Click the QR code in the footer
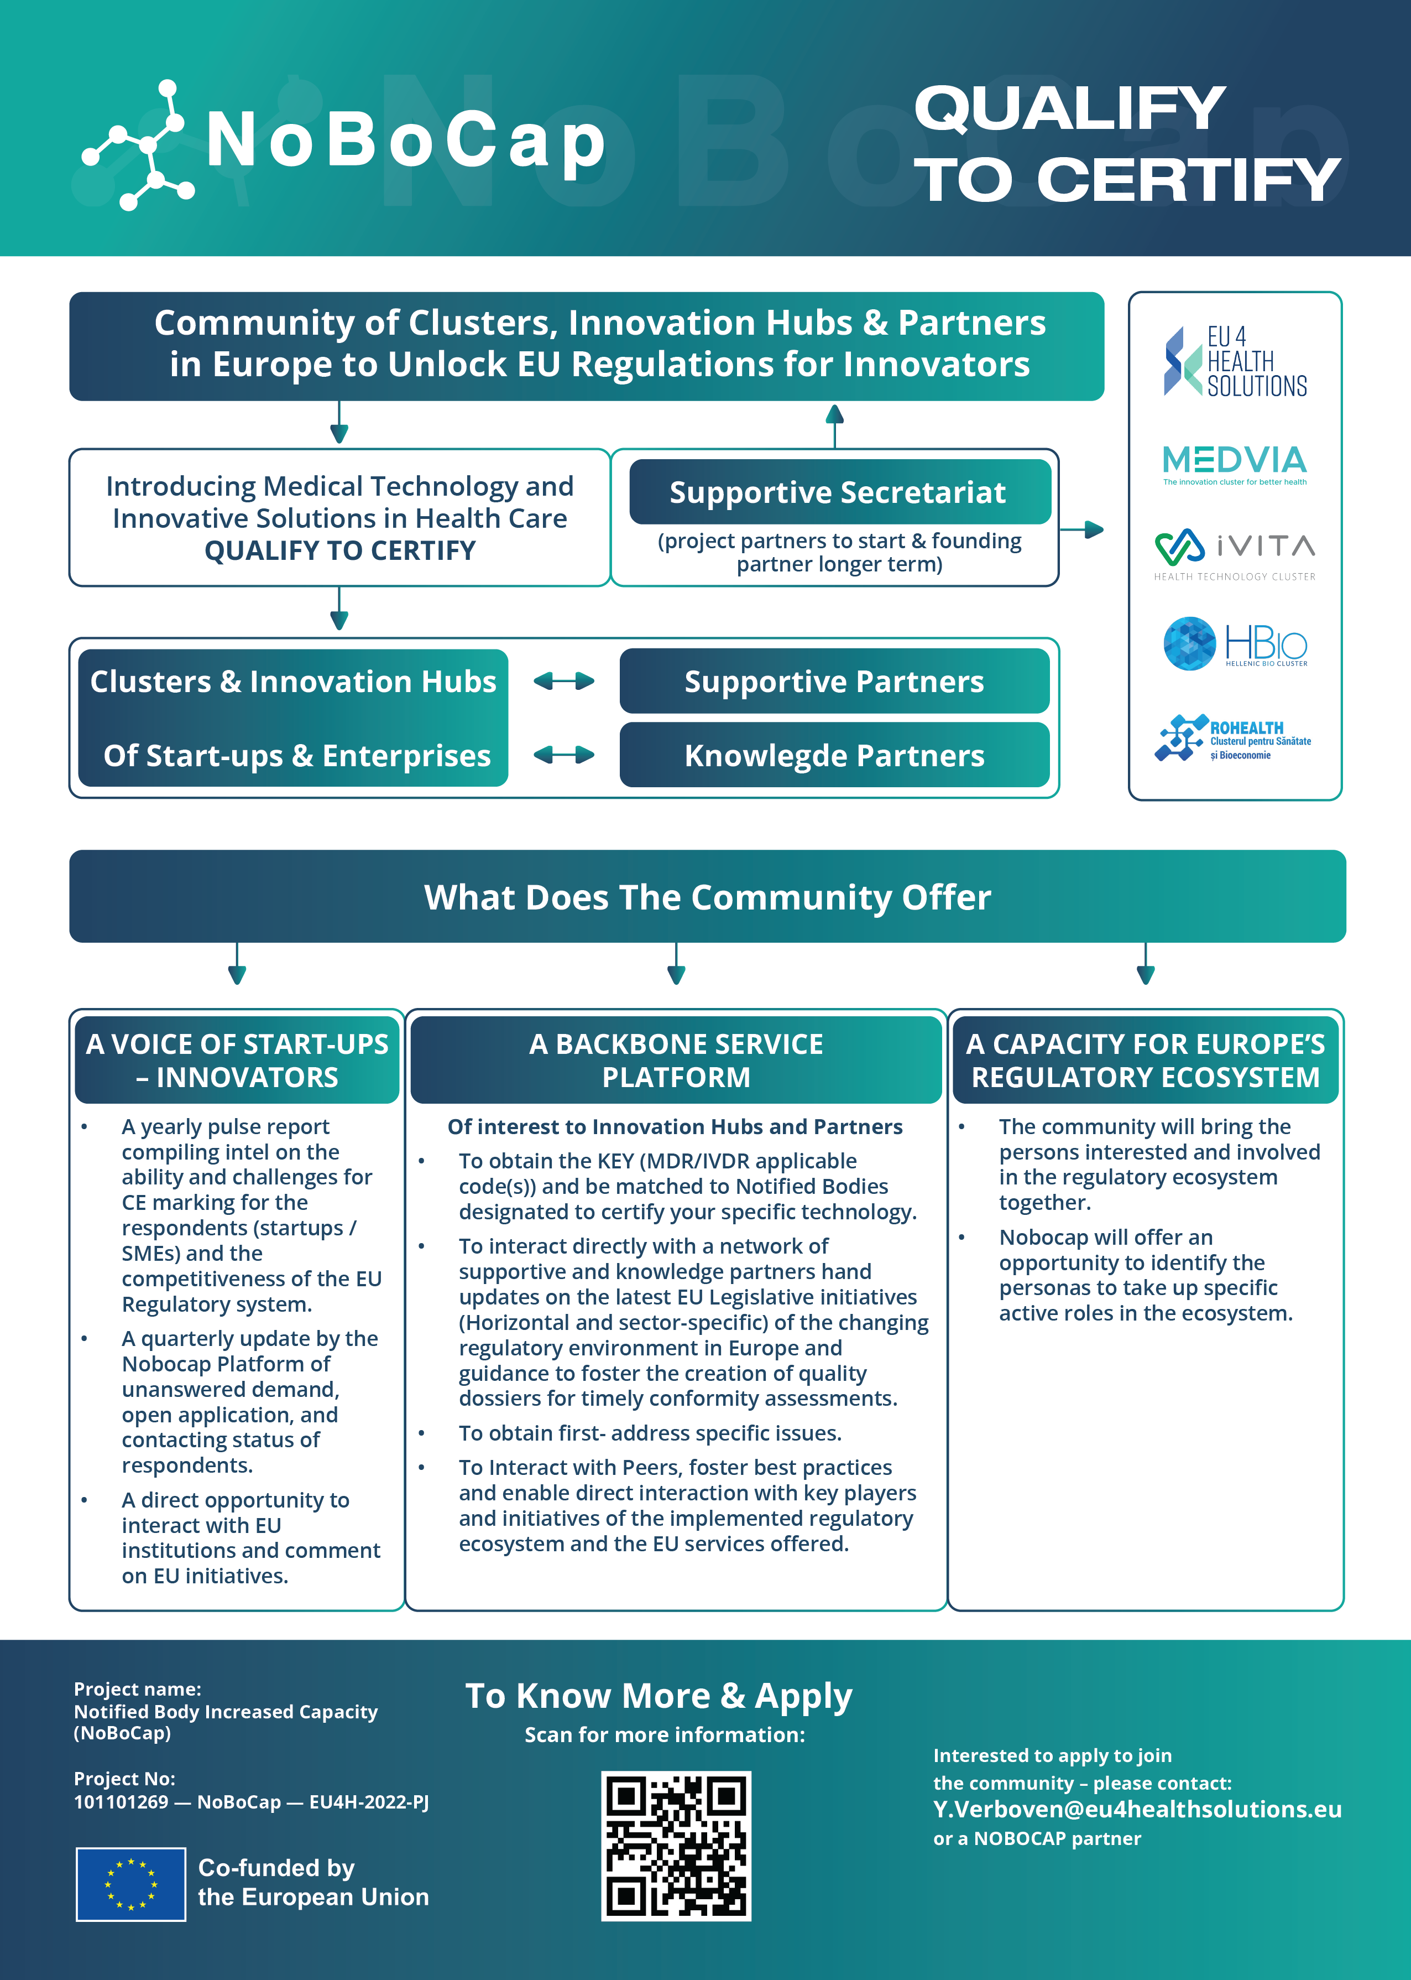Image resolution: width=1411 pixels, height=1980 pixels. [x=676, y=1845]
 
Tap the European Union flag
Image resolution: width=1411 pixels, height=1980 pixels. [x=131, y=1884]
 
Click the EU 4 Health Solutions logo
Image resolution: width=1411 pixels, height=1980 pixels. [x=1235, y=362]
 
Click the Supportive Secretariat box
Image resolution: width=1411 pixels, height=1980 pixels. [x=839, y=492]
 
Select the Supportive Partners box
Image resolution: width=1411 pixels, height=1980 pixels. [x=834, y=682]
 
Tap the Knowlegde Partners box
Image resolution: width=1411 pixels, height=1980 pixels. [x=834, y=755]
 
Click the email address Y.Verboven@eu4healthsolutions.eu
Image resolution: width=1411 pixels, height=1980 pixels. [x=1136, y=1808]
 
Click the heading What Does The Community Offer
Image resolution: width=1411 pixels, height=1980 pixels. [x=707, y=897]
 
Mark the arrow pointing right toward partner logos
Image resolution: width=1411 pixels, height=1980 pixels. [x=1084, y=529]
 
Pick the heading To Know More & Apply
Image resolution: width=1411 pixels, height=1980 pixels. [x=659, y=1696]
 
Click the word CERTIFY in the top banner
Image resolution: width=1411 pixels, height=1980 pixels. [x=1188, y=180]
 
